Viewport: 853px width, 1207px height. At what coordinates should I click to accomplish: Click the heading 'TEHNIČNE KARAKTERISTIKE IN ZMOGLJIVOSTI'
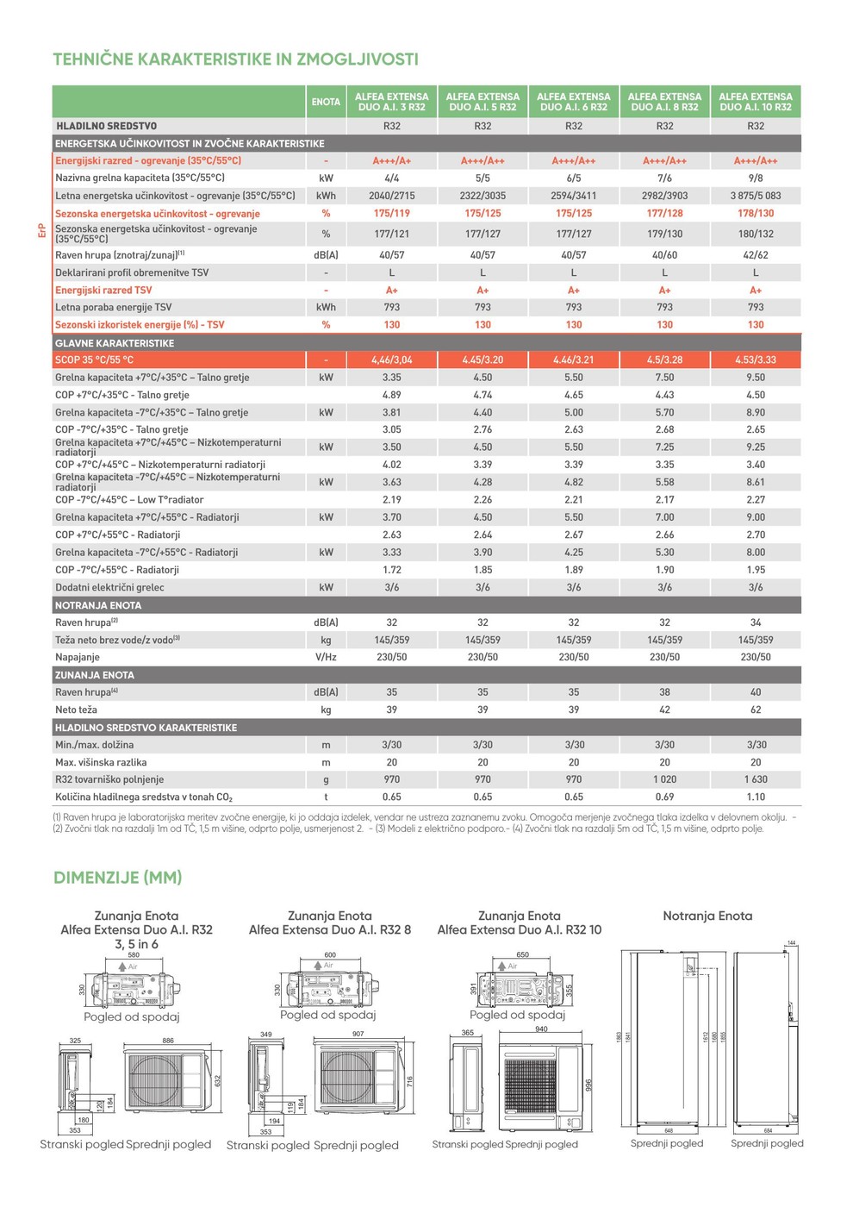coord(235,59)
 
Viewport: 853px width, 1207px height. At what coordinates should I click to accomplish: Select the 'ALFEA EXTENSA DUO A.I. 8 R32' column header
coord(664,102)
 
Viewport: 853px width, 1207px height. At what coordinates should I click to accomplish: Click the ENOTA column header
coord(326,102)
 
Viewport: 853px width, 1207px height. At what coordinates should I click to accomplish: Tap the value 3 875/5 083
coord(756,196)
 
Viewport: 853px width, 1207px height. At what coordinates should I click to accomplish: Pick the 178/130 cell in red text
coord(756,213)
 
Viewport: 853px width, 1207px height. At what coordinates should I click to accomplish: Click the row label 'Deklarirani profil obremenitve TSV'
coord(132,272)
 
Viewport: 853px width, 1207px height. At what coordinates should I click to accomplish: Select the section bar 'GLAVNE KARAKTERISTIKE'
coord(115,343)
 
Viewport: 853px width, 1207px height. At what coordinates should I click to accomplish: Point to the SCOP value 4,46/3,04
coord(392,360)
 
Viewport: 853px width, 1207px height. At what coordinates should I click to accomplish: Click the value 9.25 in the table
coord(756,447)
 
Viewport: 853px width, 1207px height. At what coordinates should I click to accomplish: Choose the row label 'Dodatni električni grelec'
coord(109,587)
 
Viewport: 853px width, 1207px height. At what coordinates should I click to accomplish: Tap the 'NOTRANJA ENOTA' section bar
coord(98,605)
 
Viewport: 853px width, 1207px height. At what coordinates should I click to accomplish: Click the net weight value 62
coord(756,710)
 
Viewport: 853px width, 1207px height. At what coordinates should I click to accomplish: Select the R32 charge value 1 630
coord(756,779)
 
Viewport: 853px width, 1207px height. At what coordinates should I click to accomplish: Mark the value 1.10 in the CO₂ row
coord(756,797)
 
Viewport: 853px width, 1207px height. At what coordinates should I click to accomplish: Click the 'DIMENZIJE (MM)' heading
coord(118,878)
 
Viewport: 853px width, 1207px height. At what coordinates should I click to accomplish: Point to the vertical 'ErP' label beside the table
coord(41,231)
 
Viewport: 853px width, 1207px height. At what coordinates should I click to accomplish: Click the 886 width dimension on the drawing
coord(168,1041)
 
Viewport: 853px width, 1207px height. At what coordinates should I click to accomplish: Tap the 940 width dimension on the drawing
coord(541,1029)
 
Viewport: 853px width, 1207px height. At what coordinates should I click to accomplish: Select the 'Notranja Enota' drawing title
coord(707,916)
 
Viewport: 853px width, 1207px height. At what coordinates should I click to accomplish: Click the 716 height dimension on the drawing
coord(410,1080)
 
